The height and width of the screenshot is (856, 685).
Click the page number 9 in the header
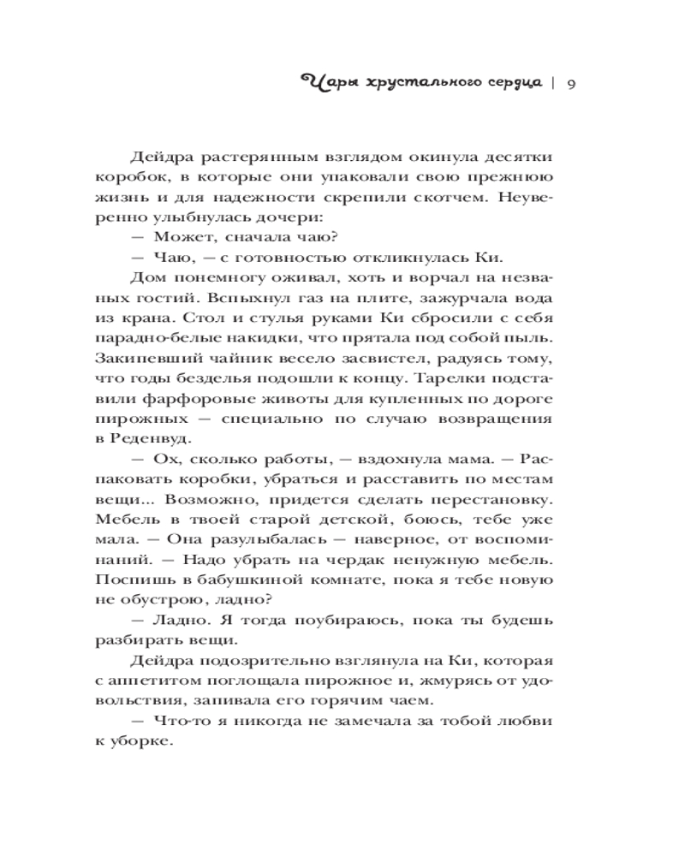tap(570, 82)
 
